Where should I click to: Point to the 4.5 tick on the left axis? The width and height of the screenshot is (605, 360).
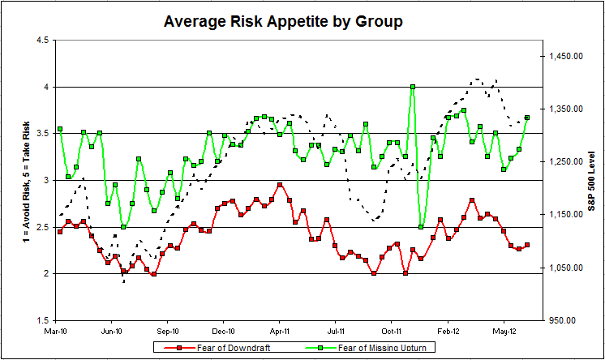[41, 40]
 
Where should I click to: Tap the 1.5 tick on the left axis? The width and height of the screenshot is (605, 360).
[41, 320]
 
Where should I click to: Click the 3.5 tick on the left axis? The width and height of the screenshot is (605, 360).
[41, 133]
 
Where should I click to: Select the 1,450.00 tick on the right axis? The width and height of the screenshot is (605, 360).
[564, 56]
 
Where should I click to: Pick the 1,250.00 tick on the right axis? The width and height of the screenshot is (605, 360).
[564, 162]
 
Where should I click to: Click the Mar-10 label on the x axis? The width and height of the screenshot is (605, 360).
[55, 331]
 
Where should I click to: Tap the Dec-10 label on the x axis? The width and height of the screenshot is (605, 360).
[224, 331]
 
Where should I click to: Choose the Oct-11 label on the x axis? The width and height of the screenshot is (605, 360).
[393, 331]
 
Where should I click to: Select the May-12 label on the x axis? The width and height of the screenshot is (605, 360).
[505, 331]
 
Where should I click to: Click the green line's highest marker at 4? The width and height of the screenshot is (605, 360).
[413, 87]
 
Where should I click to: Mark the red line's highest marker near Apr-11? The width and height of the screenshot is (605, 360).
[280, 185]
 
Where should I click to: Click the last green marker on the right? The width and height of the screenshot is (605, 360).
[527, 118]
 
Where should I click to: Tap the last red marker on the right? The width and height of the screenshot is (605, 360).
[527, 245]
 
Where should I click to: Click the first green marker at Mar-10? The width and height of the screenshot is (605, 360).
[60, 130]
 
